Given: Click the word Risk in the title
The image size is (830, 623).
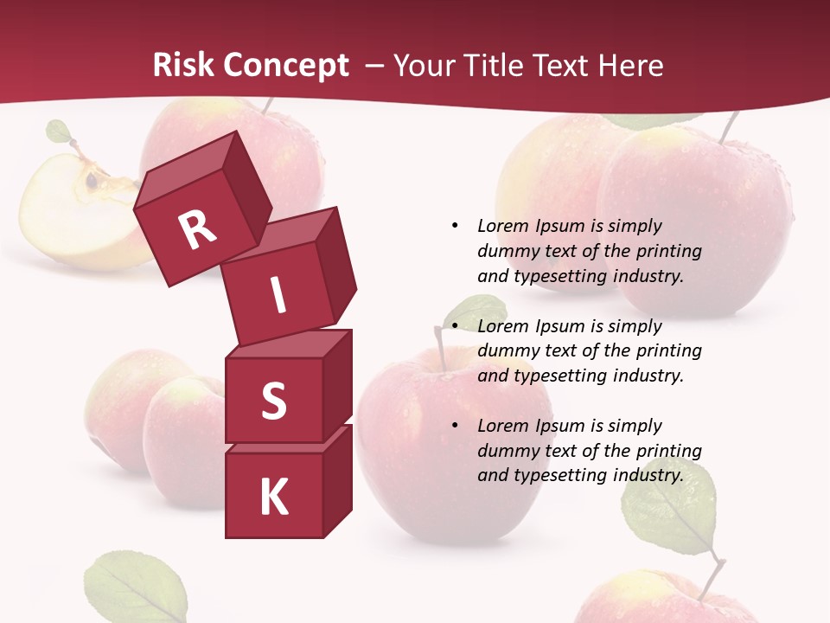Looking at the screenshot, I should (183, 66).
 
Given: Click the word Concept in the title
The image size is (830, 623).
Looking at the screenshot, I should (286, 66).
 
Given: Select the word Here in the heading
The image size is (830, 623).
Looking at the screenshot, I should (630, 66).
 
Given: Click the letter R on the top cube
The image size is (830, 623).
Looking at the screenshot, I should (197, 229).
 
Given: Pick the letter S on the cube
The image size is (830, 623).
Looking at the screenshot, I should (273, 401).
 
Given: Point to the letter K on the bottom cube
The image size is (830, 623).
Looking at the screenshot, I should (273, 497).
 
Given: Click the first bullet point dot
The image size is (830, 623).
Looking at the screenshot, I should (455, 226).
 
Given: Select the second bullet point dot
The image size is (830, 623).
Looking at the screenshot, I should (455, 326).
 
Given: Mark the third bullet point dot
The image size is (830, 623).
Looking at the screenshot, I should (455, 426).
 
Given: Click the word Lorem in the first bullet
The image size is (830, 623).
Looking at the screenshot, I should (502, 226).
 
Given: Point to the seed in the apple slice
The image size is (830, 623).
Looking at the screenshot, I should (91, 180).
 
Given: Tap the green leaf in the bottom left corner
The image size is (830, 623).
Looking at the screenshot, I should (136, 588).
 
